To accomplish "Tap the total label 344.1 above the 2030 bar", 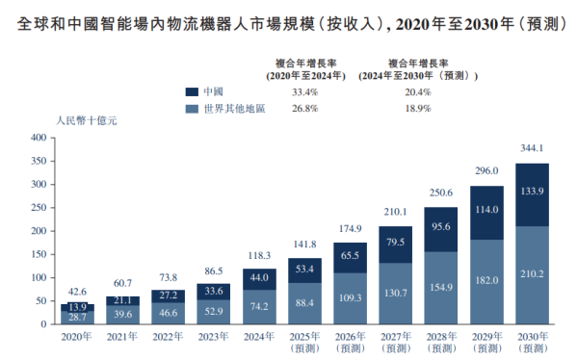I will (x=533, y=148).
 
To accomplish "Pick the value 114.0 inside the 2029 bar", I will (x=487, y=211).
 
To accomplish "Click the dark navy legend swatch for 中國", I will (x=192, y=91).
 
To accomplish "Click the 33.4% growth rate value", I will (x=304, y=91).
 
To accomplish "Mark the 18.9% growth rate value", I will (x=418, y=109).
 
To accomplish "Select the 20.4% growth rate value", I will (x=418, y=91).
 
